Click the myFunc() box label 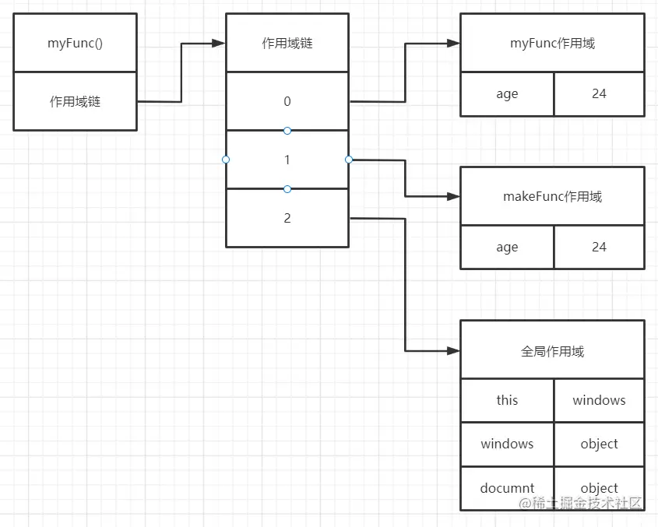pyautogui.click(x=76, y=43)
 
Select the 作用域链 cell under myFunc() pyautogui.click(x=76, y=101)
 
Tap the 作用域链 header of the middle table pyautogui.click(x=287, y=43)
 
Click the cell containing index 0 pyautogui.click(x=287, y=101)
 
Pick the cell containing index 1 pyautogui.click(x=287, y=160)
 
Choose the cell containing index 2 pyautogui.click(x=287, y=218)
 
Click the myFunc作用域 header pyautogui.click(x=552, y=43)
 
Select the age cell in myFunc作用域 pyautogui.click(x=507, y=94)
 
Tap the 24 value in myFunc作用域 pyautogui.click(x=599, y=94)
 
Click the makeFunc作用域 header pyautogui.click(x=552, y=196)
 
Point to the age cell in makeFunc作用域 pyautogui.click(x=507, y=248)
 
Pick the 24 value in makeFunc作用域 pyautogui.click(x=599, y=248)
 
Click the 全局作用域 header pyautogui.click(x=552, y=351)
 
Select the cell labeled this pyautogui.click(x=507, y=400)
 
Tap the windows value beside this pyautogui.click(x=599, y=400)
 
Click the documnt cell pyautogui.click(x=507, y=488)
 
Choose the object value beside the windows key pyautogui.click(x=599, y=444)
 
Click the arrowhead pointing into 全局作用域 pyautogui.click(x=453, y=351)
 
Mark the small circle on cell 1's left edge pyautogui.click(x=226, y=160)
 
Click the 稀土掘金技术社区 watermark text pyautogui.click(x=587, y=503)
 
